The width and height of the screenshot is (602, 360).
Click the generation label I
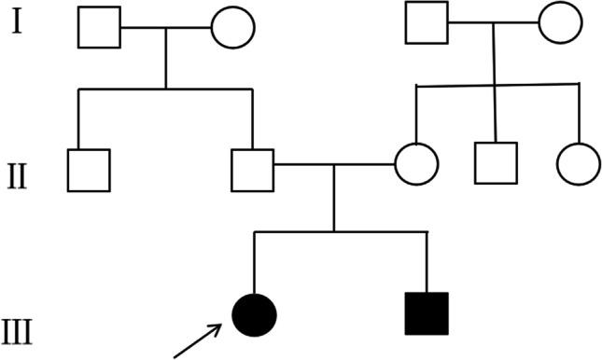tap(17, 21)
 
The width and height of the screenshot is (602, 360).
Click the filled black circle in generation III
tap(255, 312)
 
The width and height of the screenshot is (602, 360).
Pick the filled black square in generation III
tap(427, 313)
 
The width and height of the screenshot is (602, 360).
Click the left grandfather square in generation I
tap(99, 27)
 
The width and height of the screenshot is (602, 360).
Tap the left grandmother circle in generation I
tap(233, 27)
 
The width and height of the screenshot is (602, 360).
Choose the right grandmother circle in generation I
tap(560, 21)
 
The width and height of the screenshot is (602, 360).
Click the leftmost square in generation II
tap(89, 170)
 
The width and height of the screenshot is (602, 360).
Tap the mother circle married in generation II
tap(416, 165)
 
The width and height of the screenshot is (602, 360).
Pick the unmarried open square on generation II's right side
tap(495, 164)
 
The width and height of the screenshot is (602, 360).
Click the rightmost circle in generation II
tap(578, 164)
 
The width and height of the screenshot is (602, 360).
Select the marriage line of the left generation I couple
tap(166, 27)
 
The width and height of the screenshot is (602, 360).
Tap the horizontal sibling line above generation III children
tap(341, 231)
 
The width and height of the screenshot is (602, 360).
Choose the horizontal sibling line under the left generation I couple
tap(166, 90)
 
